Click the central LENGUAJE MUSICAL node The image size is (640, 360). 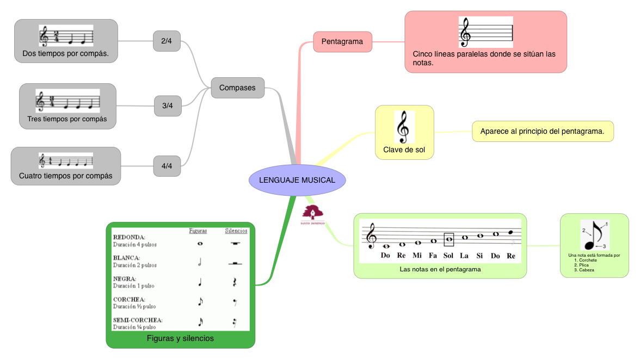297,180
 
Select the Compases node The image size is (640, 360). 237,88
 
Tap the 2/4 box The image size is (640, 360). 167,41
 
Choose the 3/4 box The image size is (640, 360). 167,105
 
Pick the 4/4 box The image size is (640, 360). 167,166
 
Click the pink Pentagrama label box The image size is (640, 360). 342,41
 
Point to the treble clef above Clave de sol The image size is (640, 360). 404,127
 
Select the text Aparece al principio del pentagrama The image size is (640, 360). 542,131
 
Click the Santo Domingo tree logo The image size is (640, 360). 313,213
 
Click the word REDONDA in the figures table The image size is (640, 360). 128,237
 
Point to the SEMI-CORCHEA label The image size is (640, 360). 138,320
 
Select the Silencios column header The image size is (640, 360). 236,231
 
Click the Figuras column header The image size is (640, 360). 198,231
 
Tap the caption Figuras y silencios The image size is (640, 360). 180,338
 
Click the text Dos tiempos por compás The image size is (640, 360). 65,53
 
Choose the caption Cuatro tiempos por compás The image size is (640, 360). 65,176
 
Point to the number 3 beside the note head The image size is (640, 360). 604,246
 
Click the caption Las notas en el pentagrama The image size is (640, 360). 440,269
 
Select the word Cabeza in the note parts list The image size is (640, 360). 586,270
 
